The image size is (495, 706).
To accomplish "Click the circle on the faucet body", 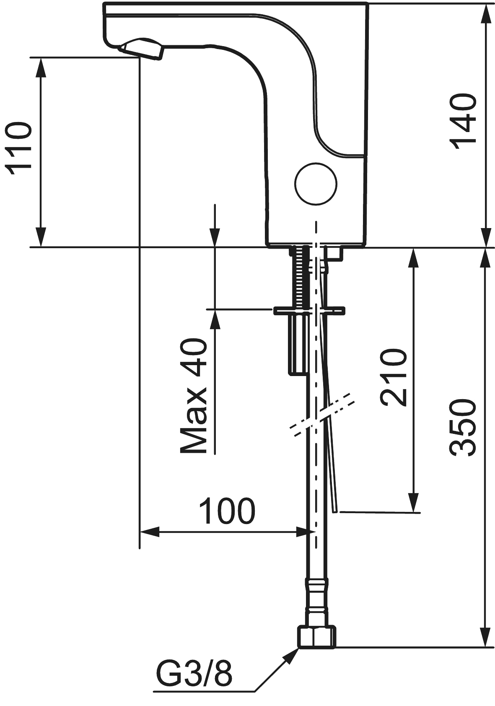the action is tap(316, 184).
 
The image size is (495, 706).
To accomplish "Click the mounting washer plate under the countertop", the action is tap(309, 311).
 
